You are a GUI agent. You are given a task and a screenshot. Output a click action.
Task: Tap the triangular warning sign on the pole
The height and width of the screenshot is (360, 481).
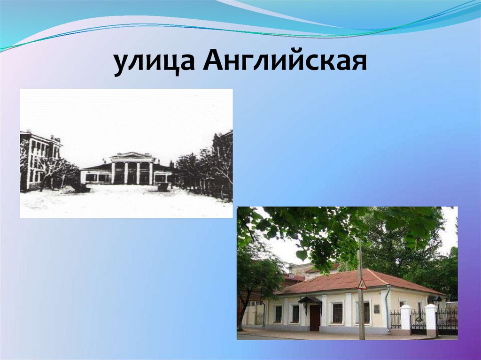pos(362,284)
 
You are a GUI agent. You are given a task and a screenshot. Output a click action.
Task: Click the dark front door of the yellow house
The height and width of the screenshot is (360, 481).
pos(315,317)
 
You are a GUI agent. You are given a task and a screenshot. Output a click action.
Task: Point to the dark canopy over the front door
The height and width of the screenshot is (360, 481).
pos(310,299)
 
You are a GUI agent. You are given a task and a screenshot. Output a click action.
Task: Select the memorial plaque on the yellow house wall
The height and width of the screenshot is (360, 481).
pos(377,309)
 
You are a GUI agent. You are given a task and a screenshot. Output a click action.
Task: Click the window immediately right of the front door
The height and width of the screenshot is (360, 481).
pos(337,313)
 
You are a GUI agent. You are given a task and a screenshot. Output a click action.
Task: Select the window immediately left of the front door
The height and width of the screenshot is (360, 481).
pos(295,313)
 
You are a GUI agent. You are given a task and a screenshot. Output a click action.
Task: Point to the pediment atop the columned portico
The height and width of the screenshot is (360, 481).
pos(132,155)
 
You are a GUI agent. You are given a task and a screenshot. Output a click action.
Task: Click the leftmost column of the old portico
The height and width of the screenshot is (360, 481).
pos(113,172)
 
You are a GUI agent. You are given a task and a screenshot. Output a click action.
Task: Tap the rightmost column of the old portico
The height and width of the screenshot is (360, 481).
pos(151,172)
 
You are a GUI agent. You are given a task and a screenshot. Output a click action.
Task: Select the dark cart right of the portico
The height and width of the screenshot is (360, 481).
pos(163,187)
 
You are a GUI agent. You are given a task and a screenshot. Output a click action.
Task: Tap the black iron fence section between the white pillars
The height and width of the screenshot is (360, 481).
pos(418,320)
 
